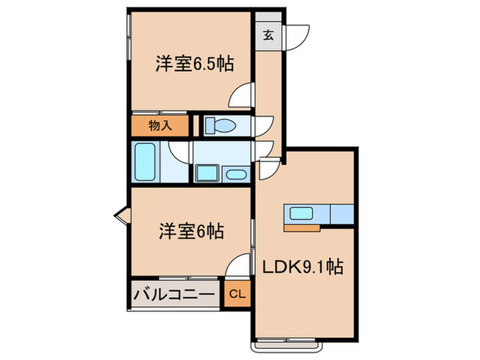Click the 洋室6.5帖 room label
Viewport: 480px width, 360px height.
[x=195, y=64]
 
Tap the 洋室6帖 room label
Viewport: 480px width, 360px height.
[x=191, y=231]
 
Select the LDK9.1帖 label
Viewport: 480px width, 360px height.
[x=303, y=267]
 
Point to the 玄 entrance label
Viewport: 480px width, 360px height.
[x=268, y=36]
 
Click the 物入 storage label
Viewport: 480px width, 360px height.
[x=160, y=125]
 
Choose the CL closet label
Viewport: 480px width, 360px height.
[x=237, y=294]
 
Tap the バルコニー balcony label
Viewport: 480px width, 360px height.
[x=174, y=295]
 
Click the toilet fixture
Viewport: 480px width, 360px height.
[x=220, y=125]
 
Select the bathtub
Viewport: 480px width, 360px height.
[x=145, y=161]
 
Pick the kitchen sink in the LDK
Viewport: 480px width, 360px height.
[x=301, y=213]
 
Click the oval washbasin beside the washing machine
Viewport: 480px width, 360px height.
[x=236, y=175]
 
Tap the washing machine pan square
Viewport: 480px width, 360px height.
[x=207, y=173]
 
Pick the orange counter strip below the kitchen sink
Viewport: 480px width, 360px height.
[x=302, y=228]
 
